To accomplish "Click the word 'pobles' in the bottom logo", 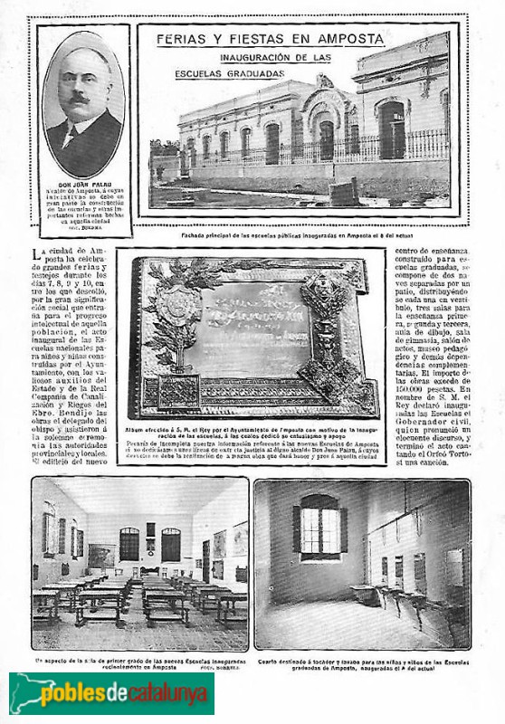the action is coord(74,695).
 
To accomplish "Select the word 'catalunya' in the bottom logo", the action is coord(172,695).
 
